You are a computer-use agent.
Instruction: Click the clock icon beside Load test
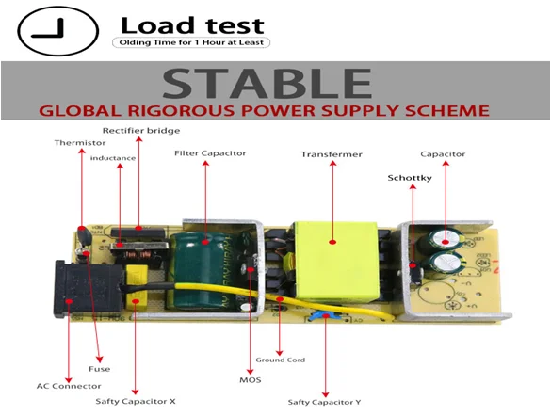pyautogui.click(x=58, y=31)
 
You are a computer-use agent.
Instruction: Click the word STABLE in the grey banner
pyautogui.click(x=267, y=83)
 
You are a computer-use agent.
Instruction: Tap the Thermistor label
pyautogui.click(x=80, y=143)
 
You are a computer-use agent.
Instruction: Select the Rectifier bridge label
pyautogui.click(x=141, y=131)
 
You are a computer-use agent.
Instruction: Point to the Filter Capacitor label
pyautogui.click(x=210, y=153)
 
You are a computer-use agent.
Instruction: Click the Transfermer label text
pyautogui.click(x=332, y=154)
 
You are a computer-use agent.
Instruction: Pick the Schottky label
pyautogui.click(x=410, y=178)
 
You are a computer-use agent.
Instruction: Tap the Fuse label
pyautogui.click(x=100, y=369)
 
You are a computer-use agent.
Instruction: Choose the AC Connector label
pyautogui.click(x=69, y=386)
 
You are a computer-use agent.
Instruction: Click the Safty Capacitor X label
pyautogui.click(x=136, y=401)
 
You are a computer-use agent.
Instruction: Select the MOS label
pyautogui.click(x=251, y=380)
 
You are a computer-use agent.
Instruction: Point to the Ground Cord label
pyautogui.click(x=280, y=360)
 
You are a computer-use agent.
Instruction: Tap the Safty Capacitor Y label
pyautogui.click(x=324, y=402)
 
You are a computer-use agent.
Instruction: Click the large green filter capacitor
pyautogui.click(x=201, y=271)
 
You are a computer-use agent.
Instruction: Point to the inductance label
pyautogui.click(x=113, y=158)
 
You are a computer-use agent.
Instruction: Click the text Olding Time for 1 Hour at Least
pyautogui.click(x=191, y=42)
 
